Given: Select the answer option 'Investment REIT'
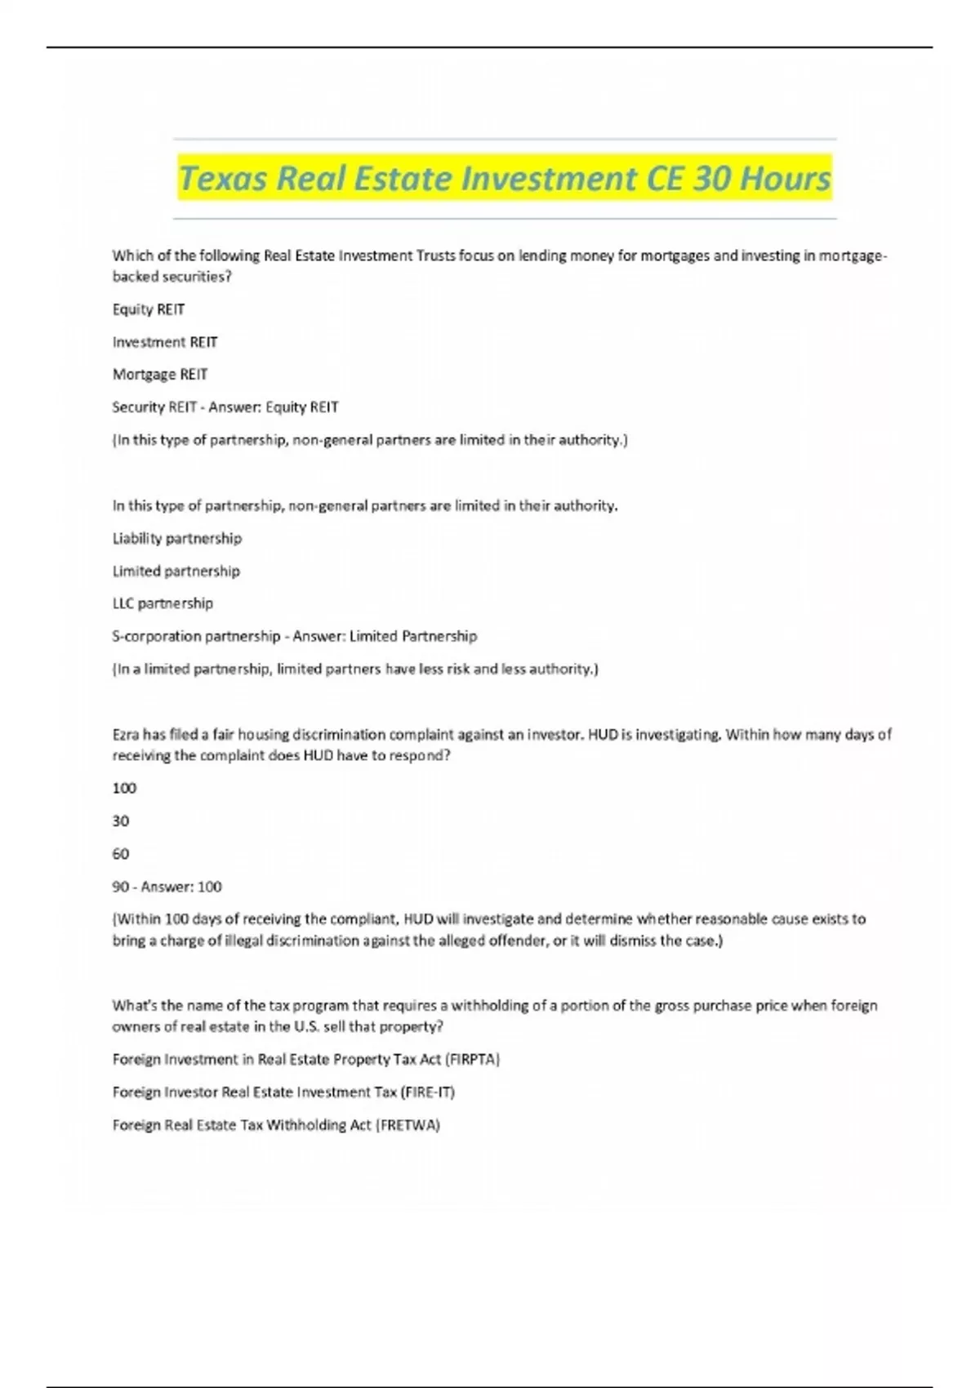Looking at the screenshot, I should click(x=165, y=342).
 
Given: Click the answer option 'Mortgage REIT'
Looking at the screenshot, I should click(x=160, y=375).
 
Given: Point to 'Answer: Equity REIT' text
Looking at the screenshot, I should click(x=274, y=407).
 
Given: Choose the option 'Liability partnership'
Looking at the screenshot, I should click(x=177, y=539).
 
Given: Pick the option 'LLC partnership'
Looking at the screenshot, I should click(x=163, y=604).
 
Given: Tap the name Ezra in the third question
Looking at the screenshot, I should click(x=126, y=735).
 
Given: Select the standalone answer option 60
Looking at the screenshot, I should click(x=121, y=854).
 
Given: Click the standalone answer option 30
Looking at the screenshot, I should click(x=121, y=821).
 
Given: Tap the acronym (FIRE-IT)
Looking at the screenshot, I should click(x=428, y=1092).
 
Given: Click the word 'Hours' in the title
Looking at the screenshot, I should click(x=785, y=178).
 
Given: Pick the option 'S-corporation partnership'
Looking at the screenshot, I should click(x=196, y=636).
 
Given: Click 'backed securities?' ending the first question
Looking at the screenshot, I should click(x=171, y=277).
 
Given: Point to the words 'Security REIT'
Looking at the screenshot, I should click(x=154, y=407).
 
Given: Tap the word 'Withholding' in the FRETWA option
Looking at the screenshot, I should click(x=306, y=1125).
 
